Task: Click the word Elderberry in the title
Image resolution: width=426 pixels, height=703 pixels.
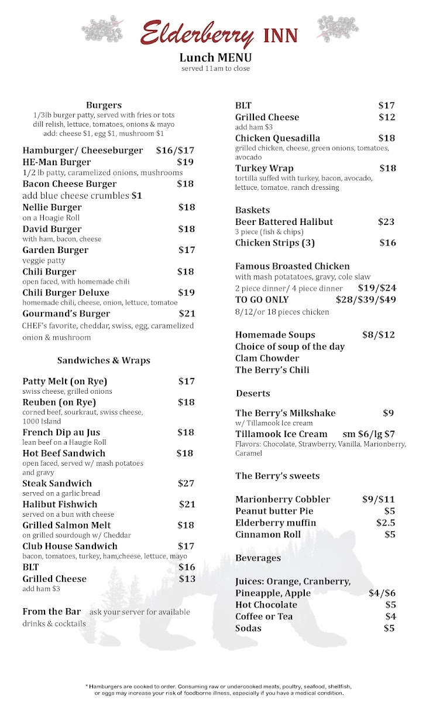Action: click(197, 34)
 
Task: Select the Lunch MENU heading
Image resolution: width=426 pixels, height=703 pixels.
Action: click(215, 57)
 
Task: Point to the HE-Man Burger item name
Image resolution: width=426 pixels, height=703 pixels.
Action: click(57, 162)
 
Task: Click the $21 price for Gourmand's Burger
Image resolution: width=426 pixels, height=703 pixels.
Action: click(187, 313)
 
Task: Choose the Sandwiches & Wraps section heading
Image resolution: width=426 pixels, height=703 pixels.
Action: click(104, 360)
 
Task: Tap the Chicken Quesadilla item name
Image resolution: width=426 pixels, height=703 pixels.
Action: click(277, 138)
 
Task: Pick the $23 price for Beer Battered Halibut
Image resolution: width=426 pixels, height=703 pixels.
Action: click(386, 222)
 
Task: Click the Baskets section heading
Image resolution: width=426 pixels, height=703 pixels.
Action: click(252, 210)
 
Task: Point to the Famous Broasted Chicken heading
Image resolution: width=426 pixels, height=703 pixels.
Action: click(293, 266)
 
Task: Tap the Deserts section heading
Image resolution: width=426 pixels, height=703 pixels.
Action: click(253, 393)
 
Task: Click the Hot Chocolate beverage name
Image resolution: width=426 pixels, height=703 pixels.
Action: click(266, 605)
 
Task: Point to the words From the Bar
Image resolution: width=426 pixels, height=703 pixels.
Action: click(51, 612)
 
